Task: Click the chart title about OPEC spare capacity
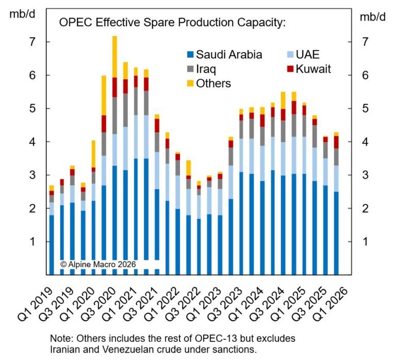[172, 23]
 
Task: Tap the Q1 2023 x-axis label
[208, 303]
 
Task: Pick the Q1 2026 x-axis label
[335, 303]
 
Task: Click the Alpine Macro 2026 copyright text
[98, 264]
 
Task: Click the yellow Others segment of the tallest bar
[114, 57]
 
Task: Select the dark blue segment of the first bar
[52, 242]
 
